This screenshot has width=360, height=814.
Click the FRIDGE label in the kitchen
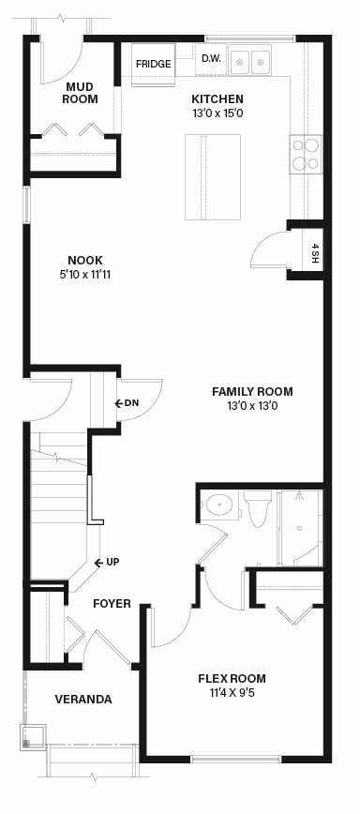(153, 65)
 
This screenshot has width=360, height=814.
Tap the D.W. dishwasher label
(211, 59)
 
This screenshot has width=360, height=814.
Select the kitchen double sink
(250, 62)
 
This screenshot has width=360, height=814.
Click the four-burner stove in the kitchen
(306, 155)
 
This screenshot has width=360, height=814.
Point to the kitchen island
(213, 176)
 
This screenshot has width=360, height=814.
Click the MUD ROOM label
(80, 93)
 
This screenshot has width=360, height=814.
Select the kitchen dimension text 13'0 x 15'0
(217, 113)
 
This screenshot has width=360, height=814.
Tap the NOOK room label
(85, 260)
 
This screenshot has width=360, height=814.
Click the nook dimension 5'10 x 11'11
(85, 274)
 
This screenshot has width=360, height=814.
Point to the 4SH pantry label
(314, 253)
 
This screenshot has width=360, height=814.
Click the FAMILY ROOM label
(252, 391)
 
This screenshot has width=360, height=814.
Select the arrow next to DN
(119, 403)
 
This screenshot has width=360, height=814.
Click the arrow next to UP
(98, 563)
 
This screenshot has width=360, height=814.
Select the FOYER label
(112, 604)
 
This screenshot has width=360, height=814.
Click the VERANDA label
(83, 700)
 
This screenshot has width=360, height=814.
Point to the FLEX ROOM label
(232, 679)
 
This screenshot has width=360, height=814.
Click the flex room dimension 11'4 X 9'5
(232, 692)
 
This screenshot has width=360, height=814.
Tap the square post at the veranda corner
(33, 737)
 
